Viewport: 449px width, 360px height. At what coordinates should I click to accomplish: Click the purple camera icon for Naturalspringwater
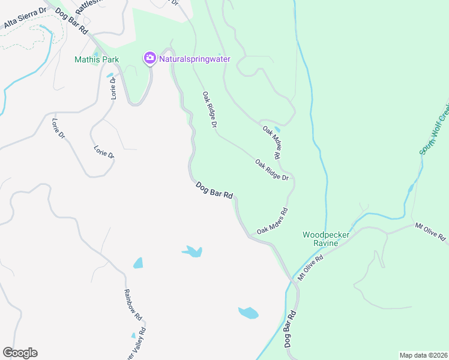149,58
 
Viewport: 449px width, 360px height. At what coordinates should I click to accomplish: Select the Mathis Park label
97,59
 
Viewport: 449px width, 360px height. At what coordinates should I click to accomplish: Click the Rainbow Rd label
133,304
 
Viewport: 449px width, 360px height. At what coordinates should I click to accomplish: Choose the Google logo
20,353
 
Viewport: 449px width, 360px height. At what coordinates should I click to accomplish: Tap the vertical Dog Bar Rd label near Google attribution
290,331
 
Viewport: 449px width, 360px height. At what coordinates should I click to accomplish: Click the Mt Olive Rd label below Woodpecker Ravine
310,268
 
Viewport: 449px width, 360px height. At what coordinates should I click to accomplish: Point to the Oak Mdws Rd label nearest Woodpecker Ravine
273,221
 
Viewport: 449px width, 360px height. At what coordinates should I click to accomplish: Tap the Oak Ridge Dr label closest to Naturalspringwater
208,109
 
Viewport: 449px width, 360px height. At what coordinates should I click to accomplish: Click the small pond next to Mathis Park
110,76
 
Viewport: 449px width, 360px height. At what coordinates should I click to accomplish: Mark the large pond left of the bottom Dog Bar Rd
248,313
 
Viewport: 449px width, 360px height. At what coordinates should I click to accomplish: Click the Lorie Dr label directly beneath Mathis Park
112,88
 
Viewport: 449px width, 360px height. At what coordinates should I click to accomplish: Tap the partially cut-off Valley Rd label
136,346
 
